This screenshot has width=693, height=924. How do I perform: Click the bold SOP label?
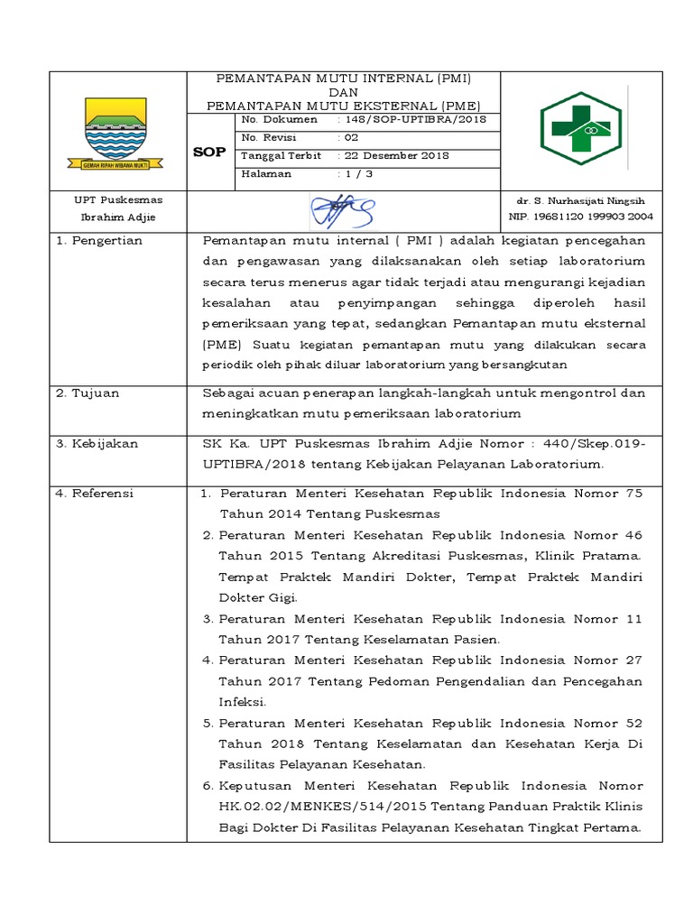pyautogui.click(x=209, y=152)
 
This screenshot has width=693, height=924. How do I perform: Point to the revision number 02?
pyautogui.click(x=348, y=137)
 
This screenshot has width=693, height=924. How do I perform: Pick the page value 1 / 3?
pyautogui.click(x=355, y=174)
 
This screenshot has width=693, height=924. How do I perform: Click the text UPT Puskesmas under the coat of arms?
pyautogui.click(x=118, y=200)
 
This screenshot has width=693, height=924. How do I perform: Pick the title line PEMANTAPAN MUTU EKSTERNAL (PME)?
pyautogui.click(x=343, y=105)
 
